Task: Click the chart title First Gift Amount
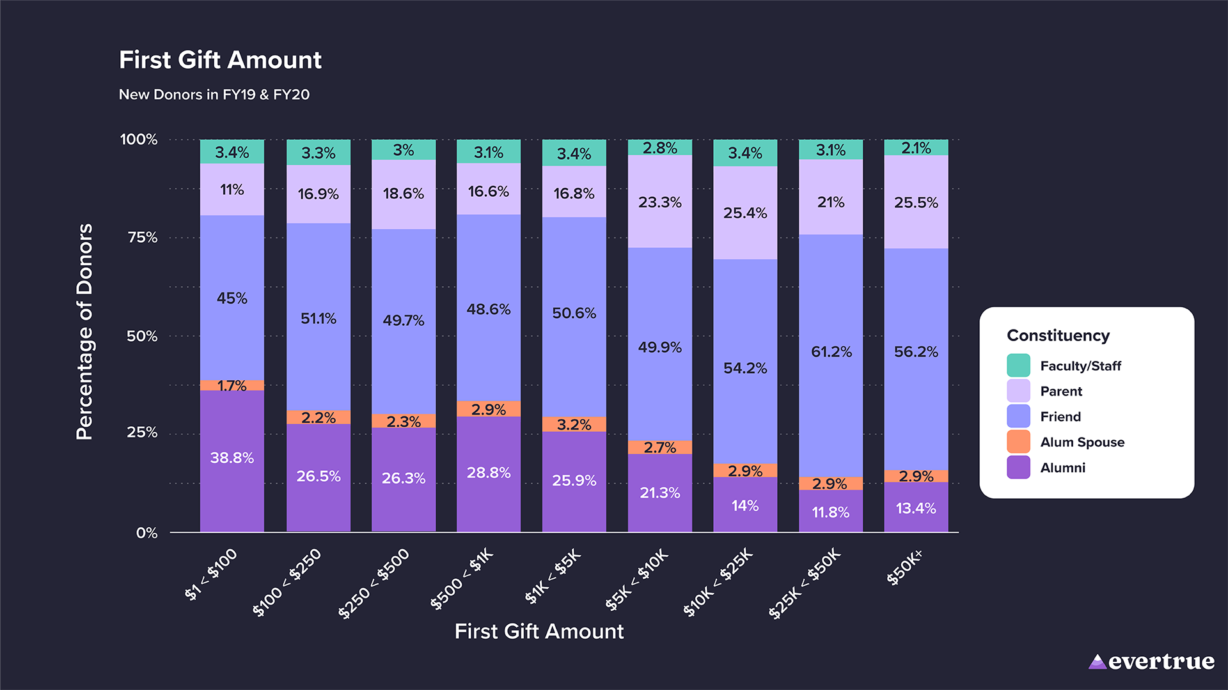tap(220, 60)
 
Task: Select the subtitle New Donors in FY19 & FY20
tap(214, 95)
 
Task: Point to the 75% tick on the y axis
tap(142, 238)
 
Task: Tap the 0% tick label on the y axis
tap(146, 533)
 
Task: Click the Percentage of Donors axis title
tap(84, 332)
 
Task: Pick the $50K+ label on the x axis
tap(904, 567)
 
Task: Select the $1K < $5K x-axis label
tap(553, 576)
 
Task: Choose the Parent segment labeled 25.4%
tap(745, 213)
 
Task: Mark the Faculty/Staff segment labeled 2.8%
tap(659, 148)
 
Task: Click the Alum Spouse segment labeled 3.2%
tap(574, 424)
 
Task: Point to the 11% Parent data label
tap(232, 190)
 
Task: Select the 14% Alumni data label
tap(745, 506)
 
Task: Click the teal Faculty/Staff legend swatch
tap(1018, 365)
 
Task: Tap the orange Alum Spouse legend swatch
tap(1018, 441)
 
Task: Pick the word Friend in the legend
tap(1060, 417)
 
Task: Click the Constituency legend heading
tap(1058, 335)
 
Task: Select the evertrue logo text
tap(1160, 662)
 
